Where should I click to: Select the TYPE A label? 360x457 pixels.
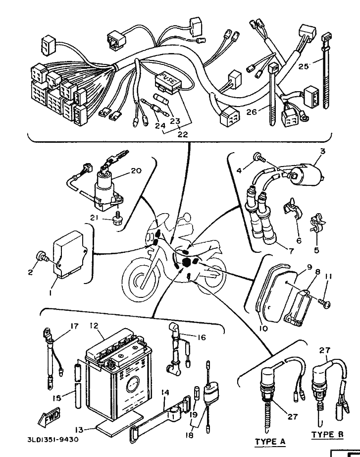pos(269,441)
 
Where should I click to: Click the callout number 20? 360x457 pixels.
pos(136,171)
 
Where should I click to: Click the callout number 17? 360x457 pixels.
pos(74,326)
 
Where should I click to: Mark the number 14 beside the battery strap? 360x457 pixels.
pos(165,393)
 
